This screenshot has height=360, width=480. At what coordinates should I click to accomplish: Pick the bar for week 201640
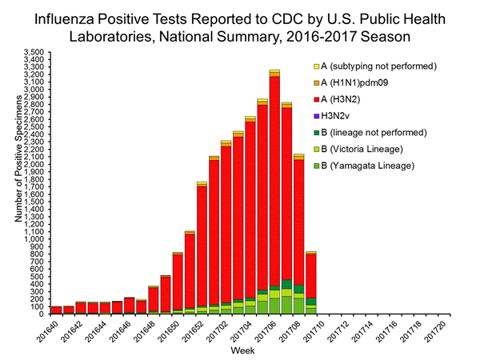tap(56, 310)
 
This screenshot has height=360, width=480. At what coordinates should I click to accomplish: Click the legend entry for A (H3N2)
tap(343, 99)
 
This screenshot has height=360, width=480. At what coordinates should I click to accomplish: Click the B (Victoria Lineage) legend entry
tap(362, 149)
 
